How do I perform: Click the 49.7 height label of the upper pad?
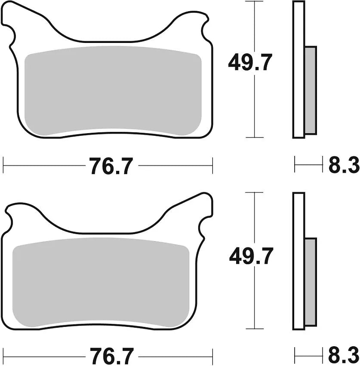[250, 64]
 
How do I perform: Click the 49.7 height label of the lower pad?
[251, 257]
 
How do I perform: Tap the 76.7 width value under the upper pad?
[110, 166]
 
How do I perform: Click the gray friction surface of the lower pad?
[101, 284]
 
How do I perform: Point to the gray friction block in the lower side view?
[311, 281]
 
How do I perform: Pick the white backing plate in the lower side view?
[298, 262]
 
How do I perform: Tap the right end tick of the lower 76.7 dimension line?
[213, 356]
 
